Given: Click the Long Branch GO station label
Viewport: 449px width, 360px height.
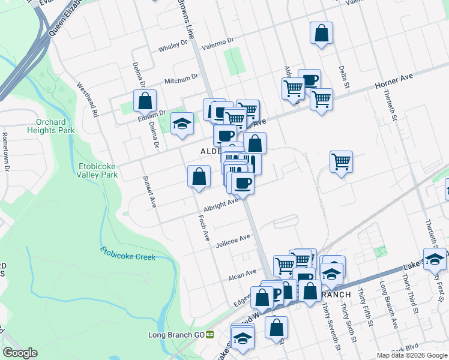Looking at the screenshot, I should tap(176, 334).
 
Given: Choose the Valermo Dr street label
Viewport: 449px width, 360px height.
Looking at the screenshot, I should tap(217, 43).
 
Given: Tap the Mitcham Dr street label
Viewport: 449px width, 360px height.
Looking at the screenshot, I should tap(181, 78).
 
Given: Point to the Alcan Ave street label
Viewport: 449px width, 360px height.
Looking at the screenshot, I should tap(243, 277).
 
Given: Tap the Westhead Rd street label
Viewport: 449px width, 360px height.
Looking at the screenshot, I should tap(88, 99).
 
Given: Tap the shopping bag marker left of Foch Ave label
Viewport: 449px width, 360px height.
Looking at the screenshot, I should tap(199, 176).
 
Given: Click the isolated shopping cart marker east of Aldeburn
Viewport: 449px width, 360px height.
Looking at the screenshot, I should tap(341, 161).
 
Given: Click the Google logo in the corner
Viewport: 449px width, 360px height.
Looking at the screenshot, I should tap(19, 353).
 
